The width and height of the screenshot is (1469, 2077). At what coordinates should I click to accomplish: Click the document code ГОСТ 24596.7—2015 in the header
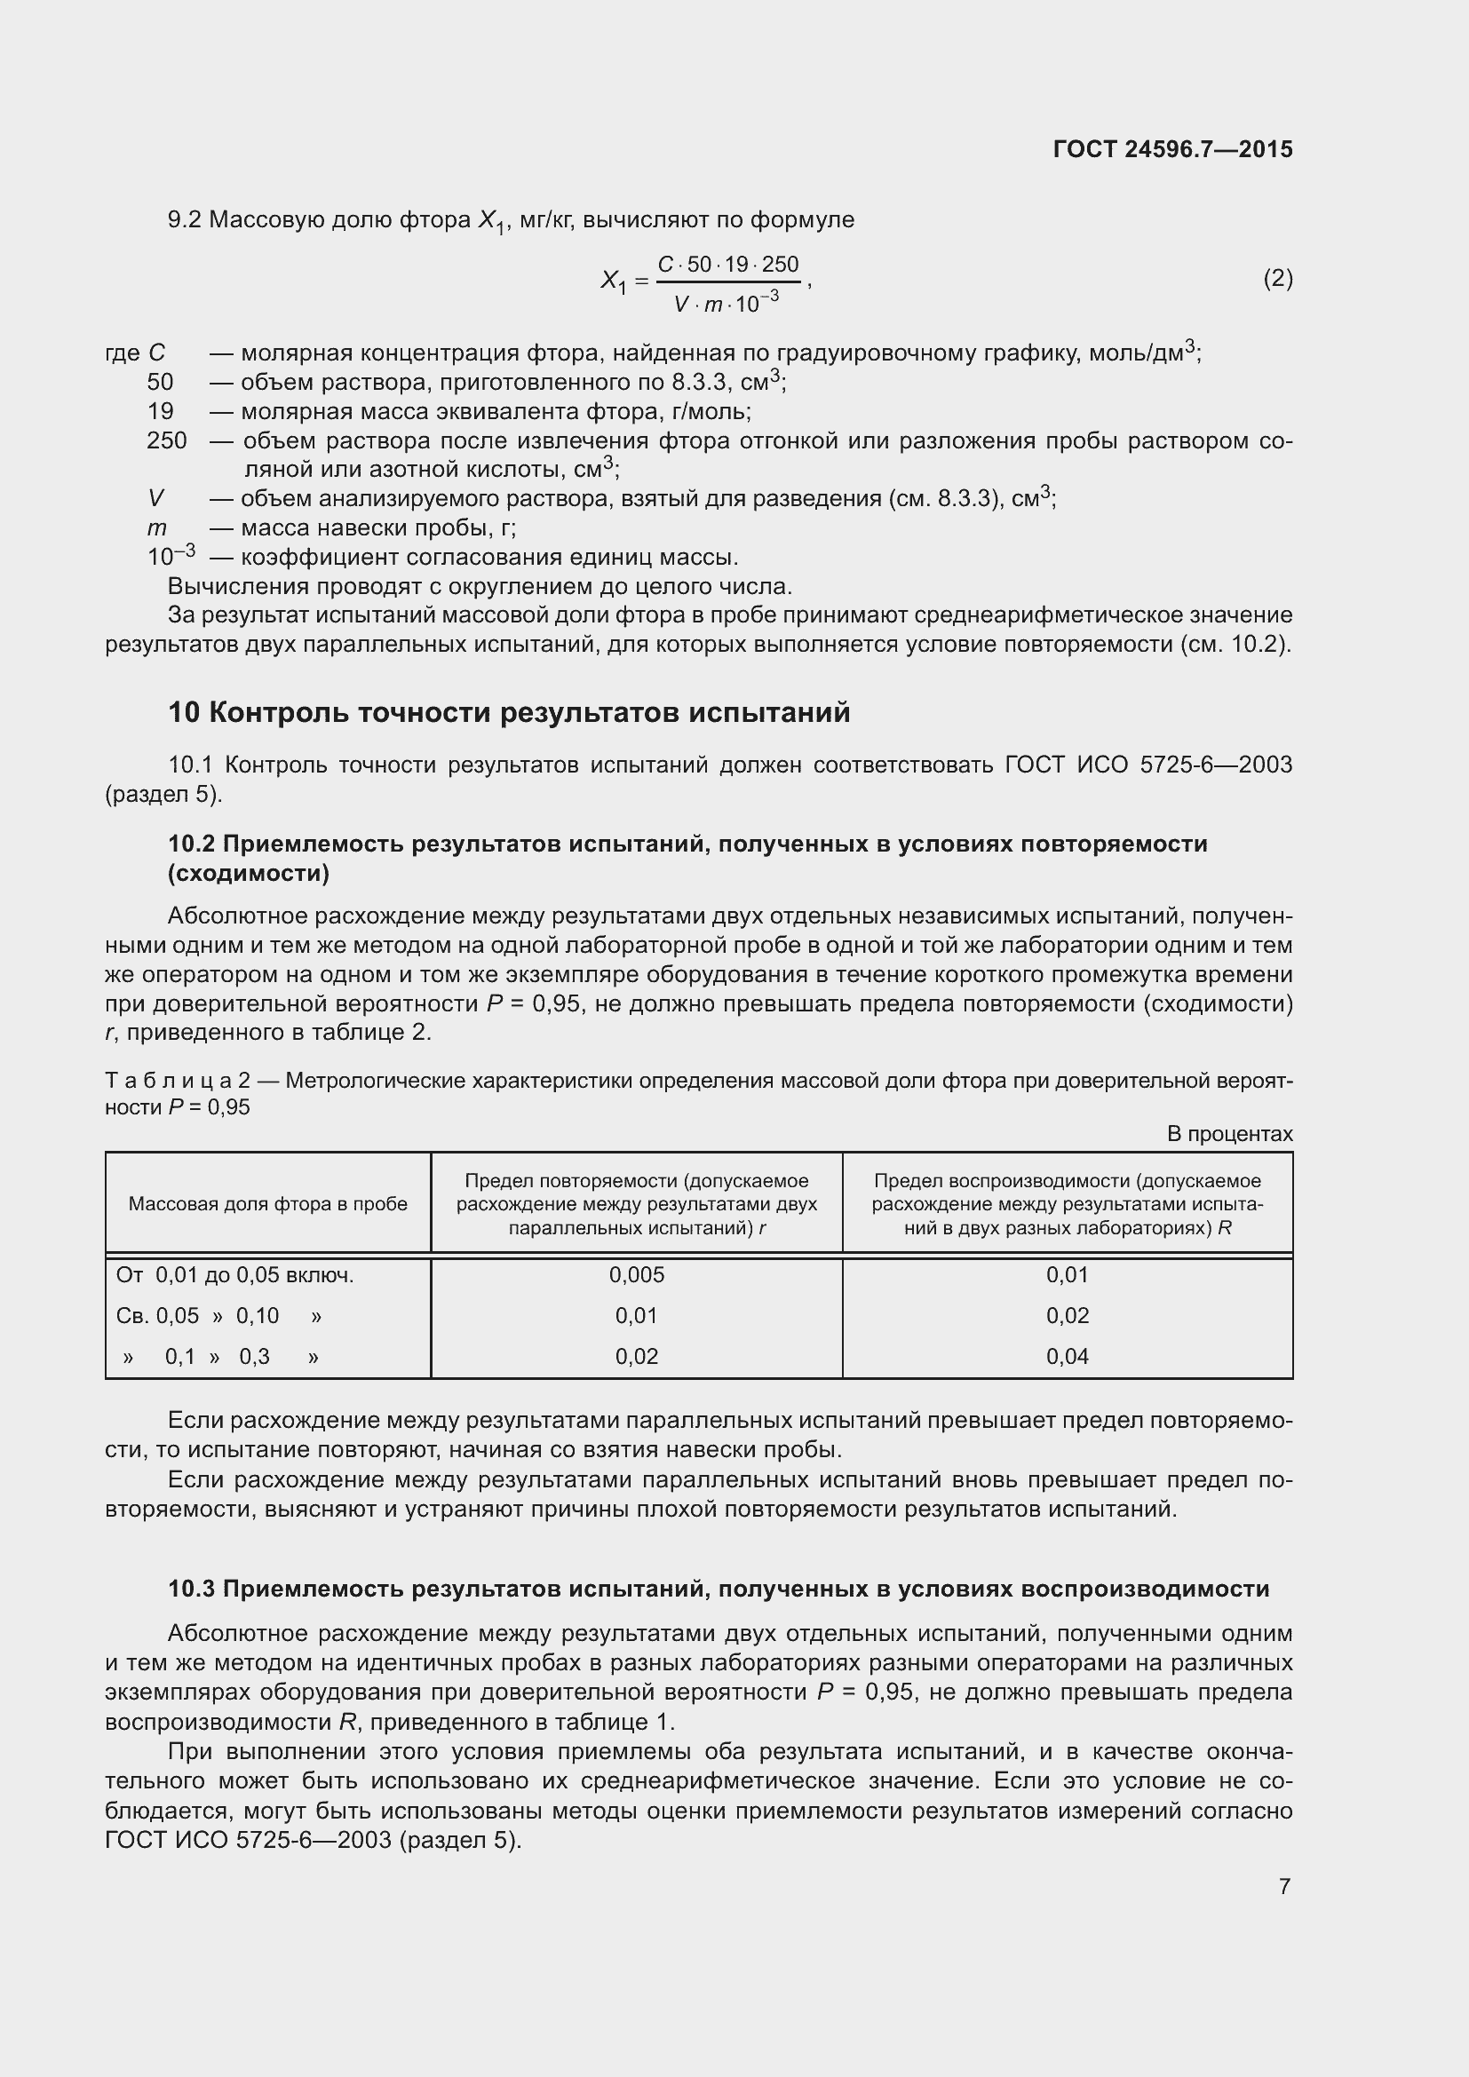click(1172, 149)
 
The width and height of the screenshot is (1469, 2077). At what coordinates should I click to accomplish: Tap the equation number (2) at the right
click(1277, 279)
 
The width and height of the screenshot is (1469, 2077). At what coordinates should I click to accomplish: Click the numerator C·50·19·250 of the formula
click(728, 265)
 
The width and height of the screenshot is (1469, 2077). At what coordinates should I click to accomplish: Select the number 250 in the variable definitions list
click(166, 440)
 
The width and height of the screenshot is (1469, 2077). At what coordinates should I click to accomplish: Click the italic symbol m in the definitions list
click(156, 527)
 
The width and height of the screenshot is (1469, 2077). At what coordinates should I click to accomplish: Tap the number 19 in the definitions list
click(160, 412)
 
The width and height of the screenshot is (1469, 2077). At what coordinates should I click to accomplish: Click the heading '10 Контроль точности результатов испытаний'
click(508, 713)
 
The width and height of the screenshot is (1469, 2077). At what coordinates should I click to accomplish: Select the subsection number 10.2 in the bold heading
click(191, 843)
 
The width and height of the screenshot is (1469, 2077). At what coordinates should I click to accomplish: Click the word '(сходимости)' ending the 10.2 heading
click(249, 873)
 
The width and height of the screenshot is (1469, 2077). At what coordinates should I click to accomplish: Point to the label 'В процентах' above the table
click(1229, 1133)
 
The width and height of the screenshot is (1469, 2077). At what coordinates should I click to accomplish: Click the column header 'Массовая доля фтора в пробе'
click(267, 1204)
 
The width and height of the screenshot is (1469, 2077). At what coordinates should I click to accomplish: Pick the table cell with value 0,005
click(636, 1274)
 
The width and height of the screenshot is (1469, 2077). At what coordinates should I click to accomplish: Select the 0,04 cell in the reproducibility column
click(1068, 1356)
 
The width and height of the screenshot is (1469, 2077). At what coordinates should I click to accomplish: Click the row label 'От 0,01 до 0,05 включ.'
click(235, 1274)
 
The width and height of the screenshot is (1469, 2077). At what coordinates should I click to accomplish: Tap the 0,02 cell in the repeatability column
click(636, 1356)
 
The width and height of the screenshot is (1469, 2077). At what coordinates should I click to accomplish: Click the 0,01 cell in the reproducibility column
click(1068, 1274)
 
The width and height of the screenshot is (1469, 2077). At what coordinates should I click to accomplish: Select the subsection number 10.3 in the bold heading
click(191, 1589)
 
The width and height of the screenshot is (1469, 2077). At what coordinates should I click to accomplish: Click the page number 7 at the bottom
click(1284, 1886)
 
